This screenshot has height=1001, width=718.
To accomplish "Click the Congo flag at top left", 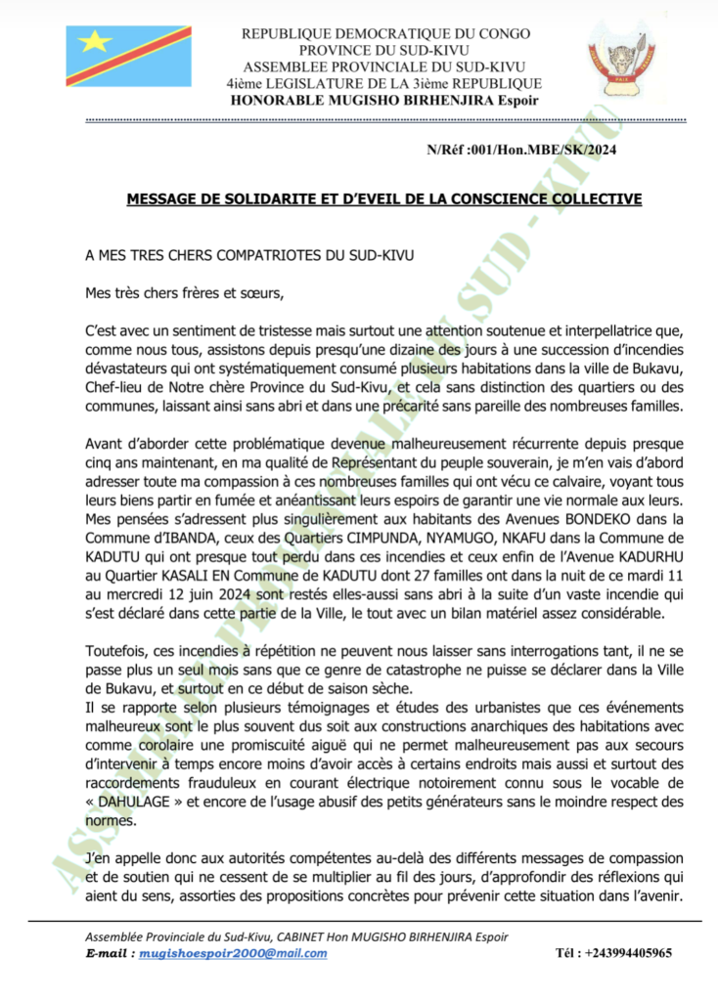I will tap(128, 57).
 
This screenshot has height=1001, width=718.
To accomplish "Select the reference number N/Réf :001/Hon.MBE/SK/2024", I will tap(521, 150).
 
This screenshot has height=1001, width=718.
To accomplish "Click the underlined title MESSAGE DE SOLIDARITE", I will tap(384, 199).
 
